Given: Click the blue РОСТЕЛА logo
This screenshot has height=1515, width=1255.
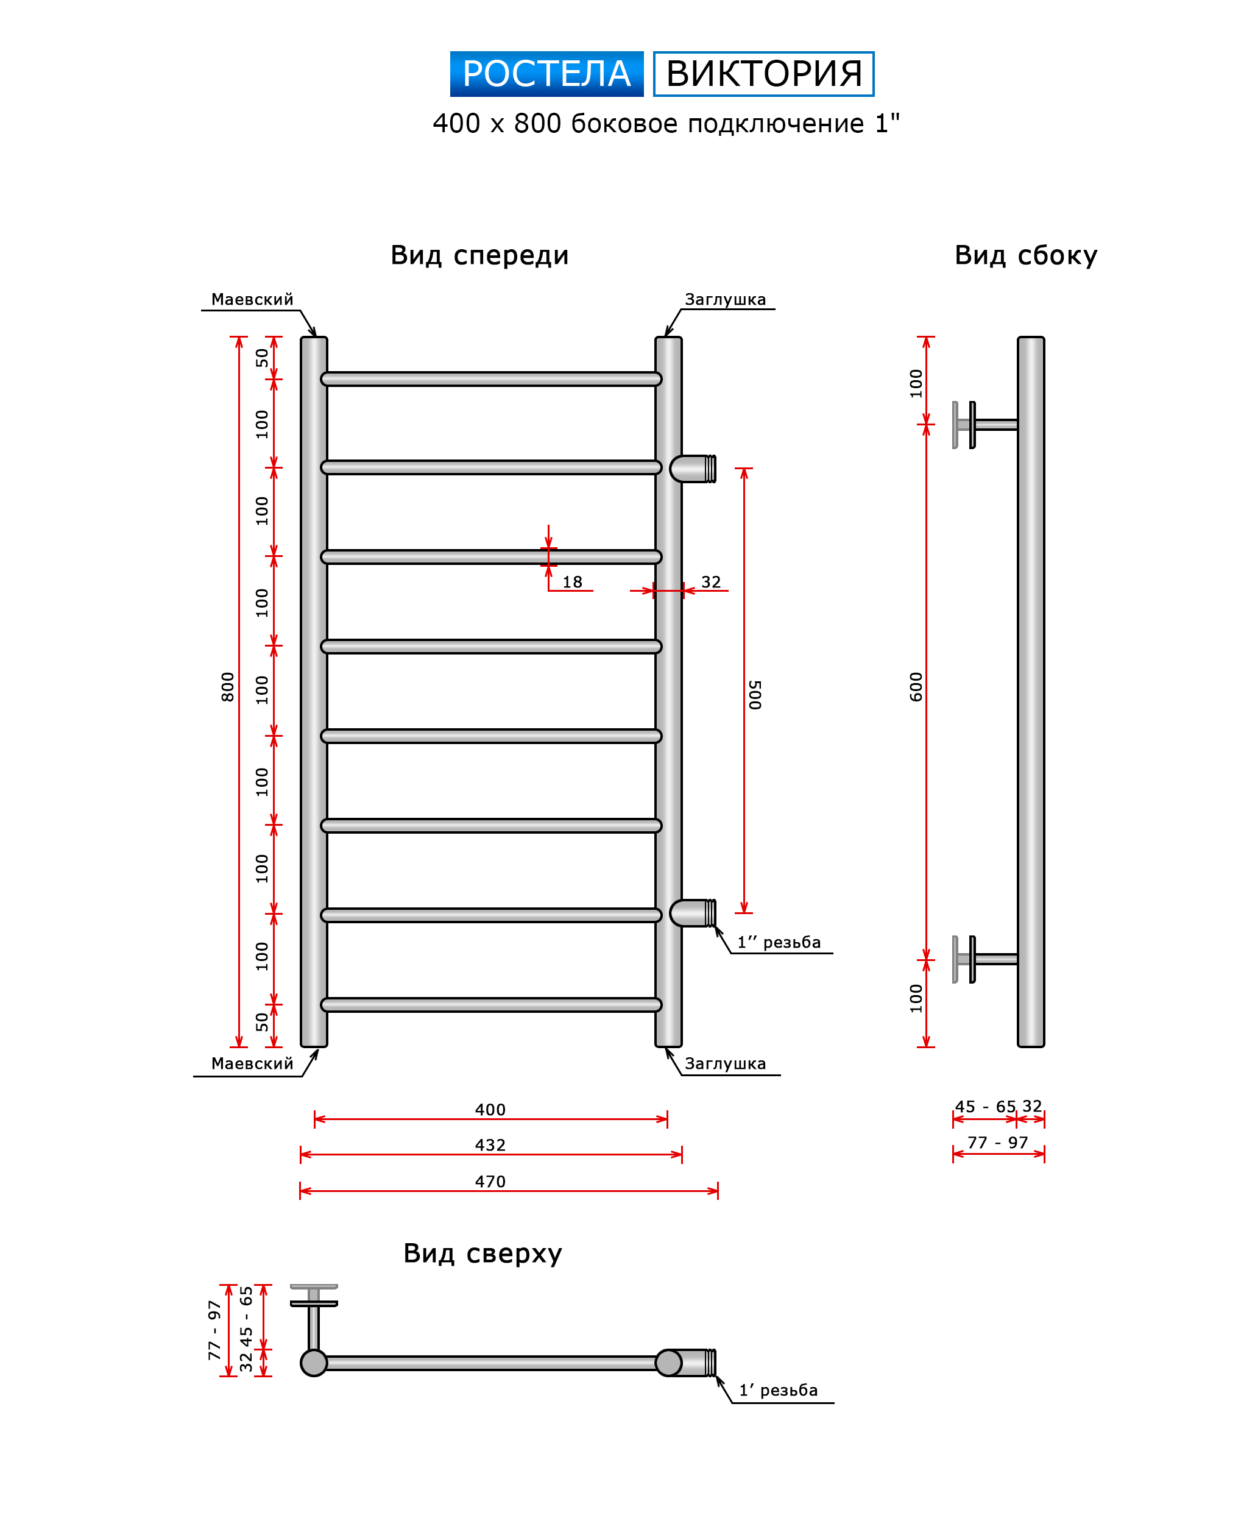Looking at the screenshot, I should (546, 74).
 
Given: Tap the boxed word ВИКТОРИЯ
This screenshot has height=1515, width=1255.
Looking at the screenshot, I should (763, 74).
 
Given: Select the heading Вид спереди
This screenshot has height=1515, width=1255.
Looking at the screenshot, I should (479, 255).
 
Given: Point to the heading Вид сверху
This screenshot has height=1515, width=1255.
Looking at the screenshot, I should (483, 1253).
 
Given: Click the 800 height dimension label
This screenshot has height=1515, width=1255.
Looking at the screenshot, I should (228, 686).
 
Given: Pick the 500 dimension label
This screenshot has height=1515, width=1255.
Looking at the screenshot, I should (754, 694).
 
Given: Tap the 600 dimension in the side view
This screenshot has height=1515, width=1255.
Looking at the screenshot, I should (916, 686).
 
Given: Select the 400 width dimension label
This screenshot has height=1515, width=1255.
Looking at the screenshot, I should (490, 1110).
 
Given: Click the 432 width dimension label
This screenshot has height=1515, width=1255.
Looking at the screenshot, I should (490, 1145).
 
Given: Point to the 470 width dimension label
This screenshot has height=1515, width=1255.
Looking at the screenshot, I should (490, 1182).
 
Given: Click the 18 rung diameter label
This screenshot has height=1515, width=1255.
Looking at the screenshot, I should (572, 582).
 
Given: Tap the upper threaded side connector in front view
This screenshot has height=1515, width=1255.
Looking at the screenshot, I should (693, 469).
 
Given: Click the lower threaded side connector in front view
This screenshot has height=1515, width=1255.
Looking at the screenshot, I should (693, 914).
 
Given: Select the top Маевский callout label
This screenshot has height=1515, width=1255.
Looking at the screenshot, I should (252, 299).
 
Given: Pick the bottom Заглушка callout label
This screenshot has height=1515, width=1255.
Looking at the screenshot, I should (725, 1063).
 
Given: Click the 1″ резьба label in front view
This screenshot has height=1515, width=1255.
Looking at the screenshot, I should (778, 942).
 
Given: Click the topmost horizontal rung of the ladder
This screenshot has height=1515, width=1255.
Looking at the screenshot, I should (490, 380).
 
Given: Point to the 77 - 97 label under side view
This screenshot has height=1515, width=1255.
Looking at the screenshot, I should (997, 1143).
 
